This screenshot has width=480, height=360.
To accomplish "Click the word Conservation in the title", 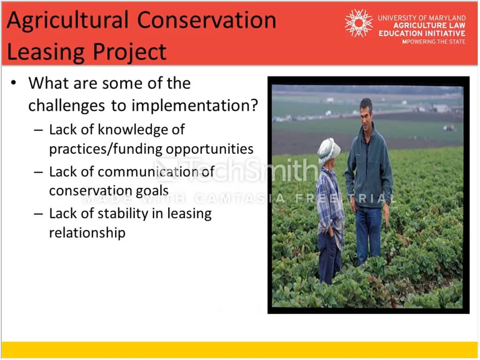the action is point(207,20).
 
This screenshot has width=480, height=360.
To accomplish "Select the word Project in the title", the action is point(129,52).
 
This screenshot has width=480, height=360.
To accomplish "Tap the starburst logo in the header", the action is point(359,23).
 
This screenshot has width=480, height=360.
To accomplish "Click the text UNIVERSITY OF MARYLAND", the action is point(421,18).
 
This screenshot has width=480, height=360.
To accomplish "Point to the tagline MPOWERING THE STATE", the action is point(434,42).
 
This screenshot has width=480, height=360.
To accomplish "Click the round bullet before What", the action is point(14,82).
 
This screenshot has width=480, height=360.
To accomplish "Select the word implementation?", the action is point(195,105).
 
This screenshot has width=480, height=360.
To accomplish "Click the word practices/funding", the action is point(106,149).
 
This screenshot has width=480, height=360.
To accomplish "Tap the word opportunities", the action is point(210,150).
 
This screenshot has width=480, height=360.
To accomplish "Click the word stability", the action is point(123,214).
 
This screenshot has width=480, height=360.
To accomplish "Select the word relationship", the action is point(87,232).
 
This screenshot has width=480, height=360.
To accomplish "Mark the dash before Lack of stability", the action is point(38,214).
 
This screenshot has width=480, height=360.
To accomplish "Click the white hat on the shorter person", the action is point(329,151).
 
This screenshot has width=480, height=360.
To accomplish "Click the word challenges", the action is point(67,106).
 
